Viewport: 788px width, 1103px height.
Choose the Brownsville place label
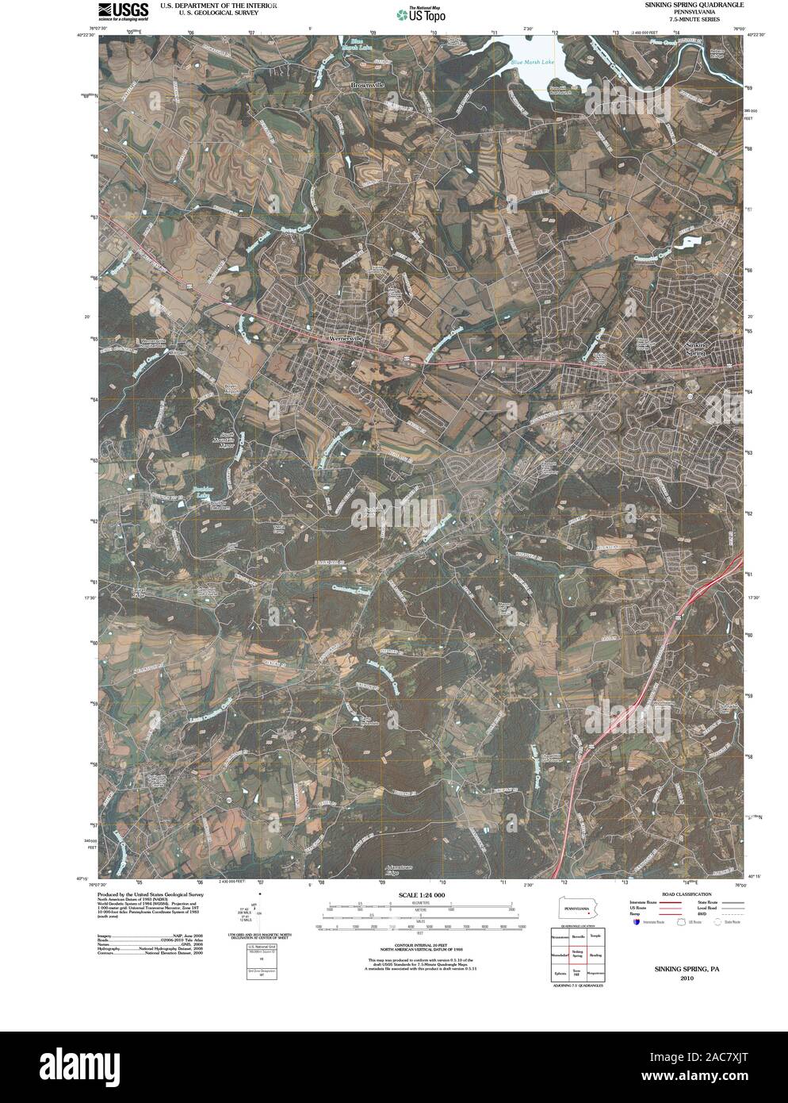[x=368, y=84]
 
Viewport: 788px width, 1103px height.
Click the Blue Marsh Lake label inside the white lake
[x=532, y=60]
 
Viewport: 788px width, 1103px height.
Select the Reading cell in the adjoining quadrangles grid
[x=595, y=955]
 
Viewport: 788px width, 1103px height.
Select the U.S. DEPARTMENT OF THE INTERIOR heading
[x=219, y=5]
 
